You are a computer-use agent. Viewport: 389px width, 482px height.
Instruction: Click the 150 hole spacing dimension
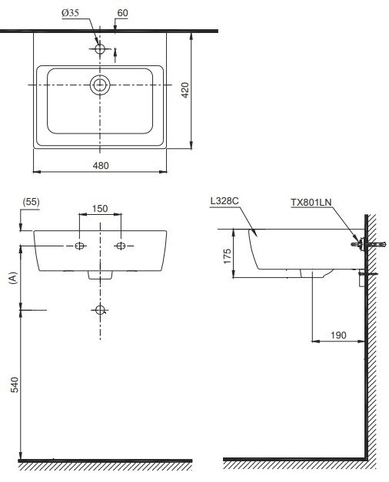(100, 208)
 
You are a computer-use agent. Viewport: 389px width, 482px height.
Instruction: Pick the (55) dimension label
(32, 202)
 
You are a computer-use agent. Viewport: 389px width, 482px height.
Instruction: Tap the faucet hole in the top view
(100, 48)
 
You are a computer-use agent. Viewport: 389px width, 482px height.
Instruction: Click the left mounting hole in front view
(80, 246)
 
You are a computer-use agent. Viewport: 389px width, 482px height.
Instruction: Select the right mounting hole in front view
(120, 246)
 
